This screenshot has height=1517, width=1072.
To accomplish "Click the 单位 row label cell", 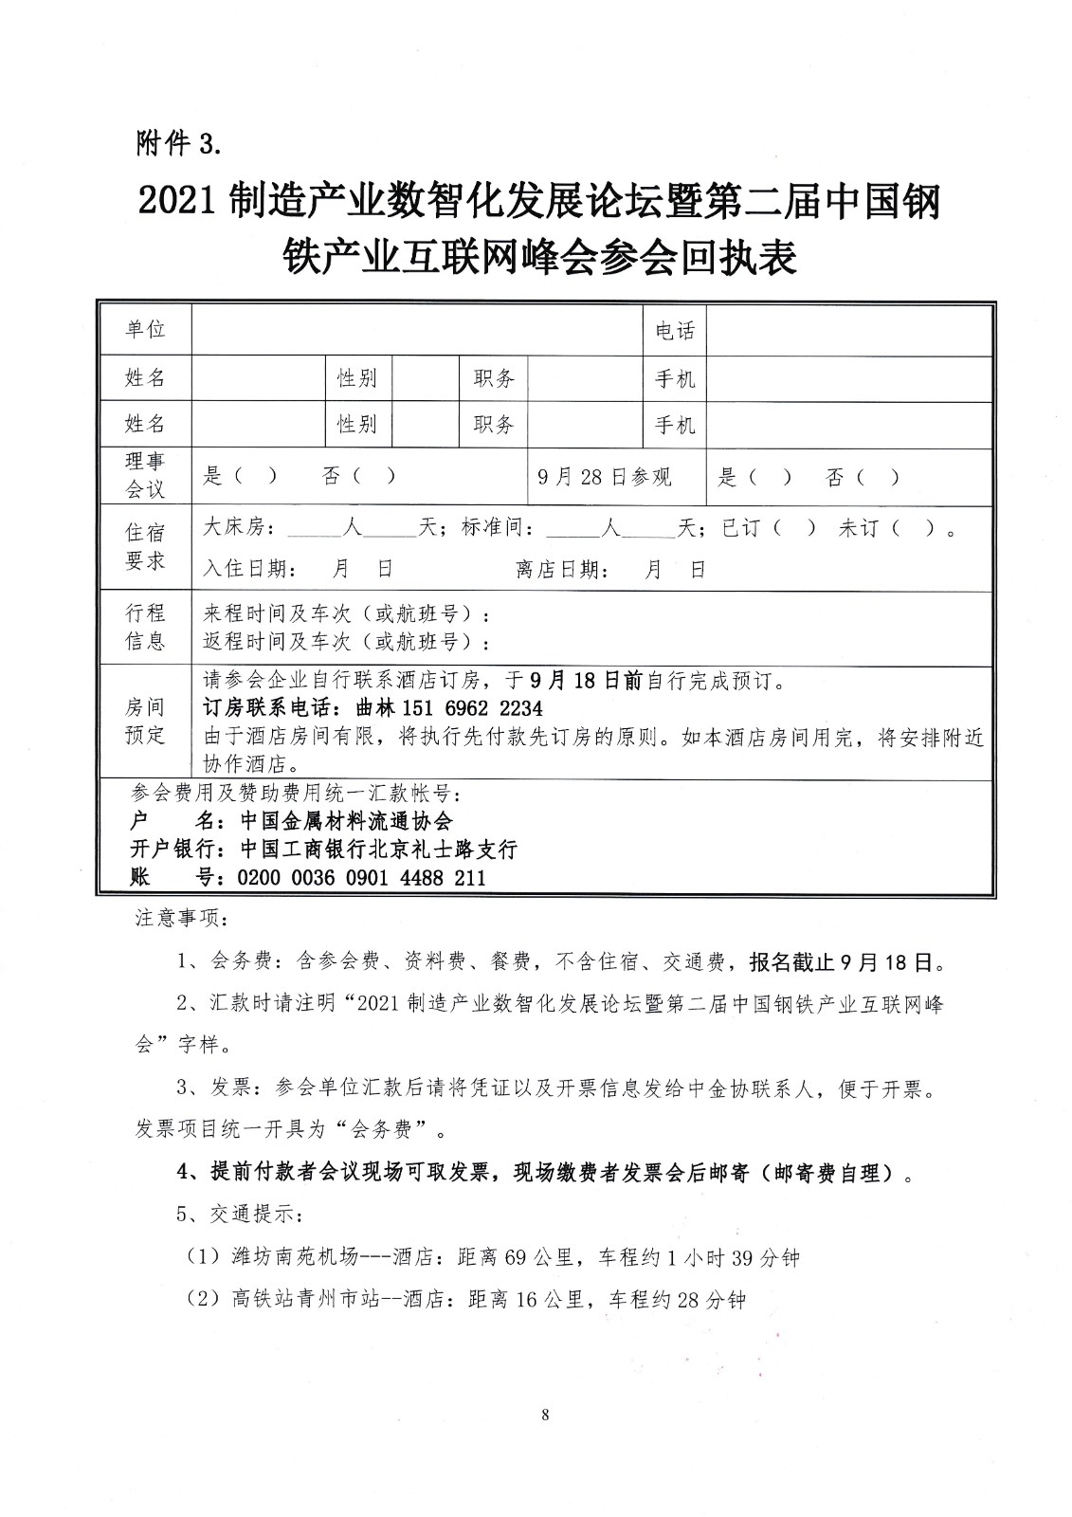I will pyautogui.click(x=145, y=329).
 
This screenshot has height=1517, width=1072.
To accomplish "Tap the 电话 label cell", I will pyautogui.click(x=675, y=330).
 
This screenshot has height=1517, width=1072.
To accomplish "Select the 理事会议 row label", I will pyautogui.click(x=145, y=475).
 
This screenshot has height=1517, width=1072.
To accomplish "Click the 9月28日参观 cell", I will pyautogui.click(x=604, y=477).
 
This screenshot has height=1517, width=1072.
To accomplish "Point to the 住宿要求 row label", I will pyautogui.click(x=145, y=546).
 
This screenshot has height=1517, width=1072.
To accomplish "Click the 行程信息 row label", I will pyautogui.click(x=145, y=627).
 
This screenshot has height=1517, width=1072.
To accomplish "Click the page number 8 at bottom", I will pyautogui.click(x=544, y=1416).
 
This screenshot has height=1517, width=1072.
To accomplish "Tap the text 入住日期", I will pyautogui.click(x=248, y=570).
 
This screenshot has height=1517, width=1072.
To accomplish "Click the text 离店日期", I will pyautogui.click(x=559, y=570).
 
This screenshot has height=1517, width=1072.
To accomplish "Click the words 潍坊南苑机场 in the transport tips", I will pyautogui.click(x=295, y=1257).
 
